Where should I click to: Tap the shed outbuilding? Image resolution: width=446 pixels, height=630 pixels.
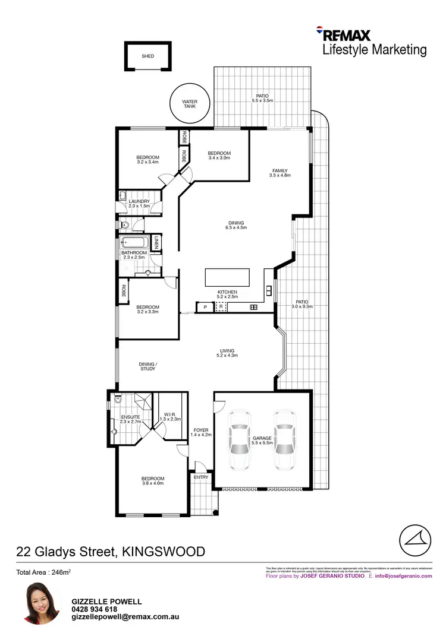(147, 56)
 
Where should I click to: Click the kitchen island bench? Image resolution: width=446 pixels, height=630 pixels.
(227, 277)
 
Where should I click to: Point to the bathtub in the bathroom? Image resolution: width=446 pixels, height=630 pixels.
(135, 243)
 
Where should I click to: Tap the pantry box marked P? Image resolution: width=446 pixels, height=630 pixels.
(205, 307)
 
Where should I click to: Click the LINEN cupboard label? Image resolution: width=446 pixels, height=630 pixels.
(156, 242)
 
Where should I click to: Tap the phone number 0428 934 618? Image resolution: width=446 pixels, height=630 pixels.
(95, 609)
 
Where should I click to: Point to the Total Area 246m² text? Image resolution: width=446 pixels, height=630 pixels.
(44, 572)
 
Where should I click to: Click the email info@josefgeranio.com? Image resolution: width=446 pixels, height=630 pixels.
(403, 576)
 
